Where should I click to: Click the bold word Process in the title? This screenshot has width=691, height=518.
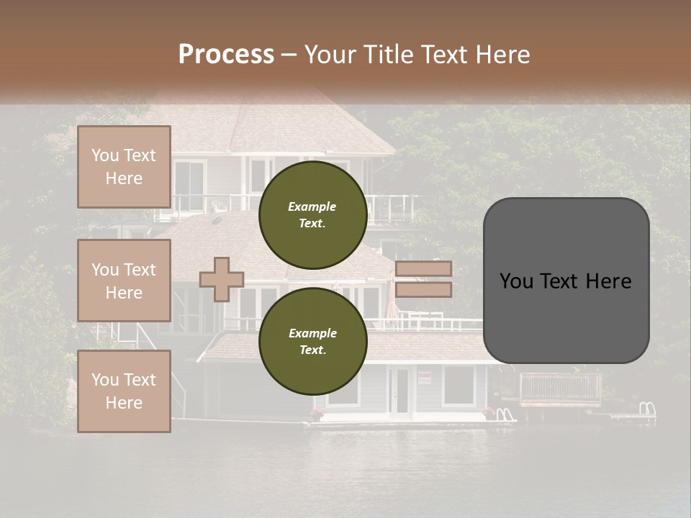click(226, 55)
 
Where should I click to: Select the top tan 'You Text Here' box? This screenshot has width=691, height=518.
click(124, 167)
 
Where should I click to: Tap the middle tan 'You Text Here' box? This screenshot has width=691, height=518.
click(124, 281)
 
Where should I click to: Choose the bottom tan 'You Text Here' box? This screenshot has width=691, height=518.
click(124, 391)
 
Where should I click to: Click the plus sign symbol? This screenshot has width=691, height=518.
click(222, 279)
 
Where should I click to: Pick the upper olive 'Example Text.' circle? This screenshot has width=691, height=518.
click(312, 214)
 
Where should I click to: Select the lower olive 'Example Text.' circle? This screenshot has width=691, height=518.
click(312, 341)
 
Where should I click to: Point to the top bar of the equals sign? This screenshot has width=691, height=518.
click(423, 269)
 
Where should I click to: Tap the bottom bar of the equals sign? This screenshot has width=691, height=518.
click(423, 290)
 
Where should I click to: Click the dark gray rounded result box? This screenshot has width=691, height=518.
click(566, 281)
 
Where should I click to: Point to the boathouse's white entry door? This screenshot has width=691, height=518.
click(400, 391)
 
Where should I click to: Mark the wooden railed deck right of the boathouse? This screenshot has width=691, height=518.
click(560, 388)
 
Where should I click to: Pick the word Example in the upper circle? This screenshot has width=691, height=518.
click(312, 206)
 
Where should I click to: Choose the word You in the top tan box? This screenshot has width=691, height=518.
click(105, 155)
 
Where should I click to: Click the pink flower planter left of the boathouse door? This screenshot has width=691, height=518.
click(317, 413)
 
